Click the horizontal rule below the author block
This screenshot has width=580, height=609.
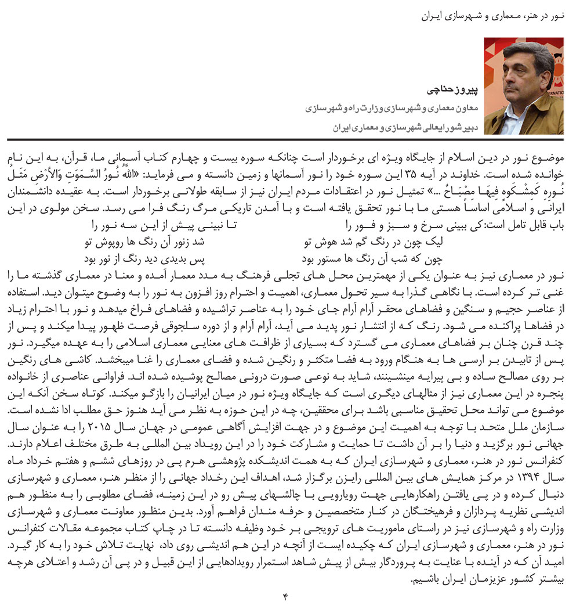pos(290,139)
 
